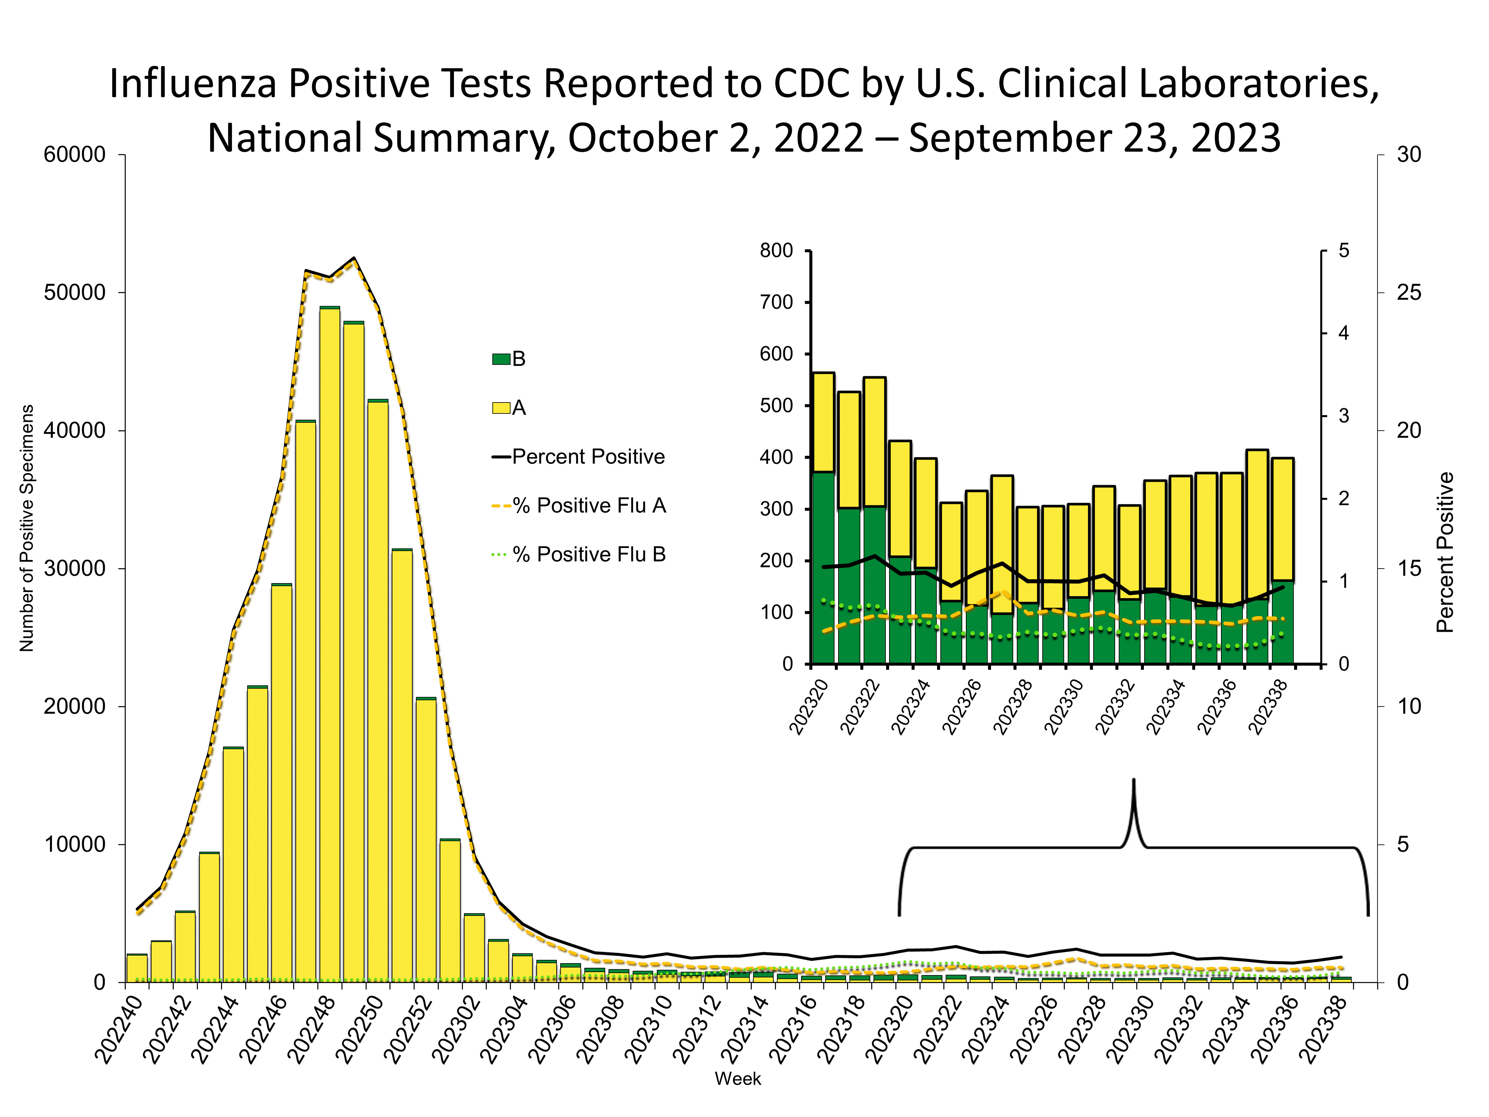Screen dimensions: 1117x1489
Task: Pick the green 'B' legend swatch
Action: (501, 359)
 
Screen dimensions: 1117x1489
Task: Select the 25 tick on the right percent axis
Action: (1408, 293)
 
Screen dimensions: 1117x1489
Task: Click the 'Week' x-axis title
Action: (738, 1079)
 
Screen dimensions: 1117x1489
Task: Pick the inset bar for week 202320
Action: (823, 518)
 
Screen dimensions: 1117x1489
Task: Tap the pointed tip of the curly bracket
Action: (1134, 781)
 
